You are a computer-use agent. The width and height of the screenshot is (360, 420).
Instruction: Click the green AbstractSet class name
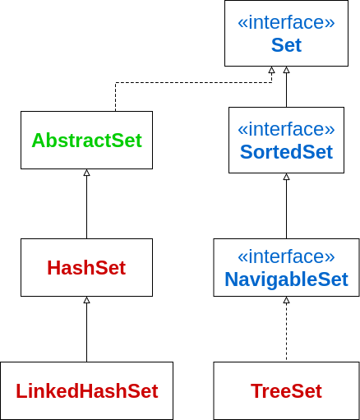point(87,141)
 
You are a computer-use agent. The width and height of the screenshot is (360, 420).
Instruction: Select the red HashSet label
point(86,268)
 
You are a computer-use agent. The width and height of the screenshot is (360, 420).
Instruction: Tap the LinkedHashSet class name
point(87,391)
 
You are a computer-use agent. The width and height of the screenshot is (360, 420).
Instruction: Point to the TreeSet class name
point(286,391)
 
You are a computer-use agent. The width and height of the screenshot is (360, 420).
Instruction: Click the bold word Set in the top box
point(286,45)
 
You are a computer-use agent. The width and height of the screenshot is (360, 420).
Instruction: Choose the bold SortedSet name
point(286,152)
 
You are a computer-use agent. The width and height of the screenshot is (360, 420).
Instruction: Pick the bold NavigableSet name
point(286,279)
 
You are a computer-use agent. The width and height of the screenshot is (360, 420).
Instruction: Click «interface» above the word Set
point(286,22)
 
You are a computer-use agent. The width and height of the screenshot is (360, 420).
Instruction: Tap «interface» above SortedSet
point(286,129)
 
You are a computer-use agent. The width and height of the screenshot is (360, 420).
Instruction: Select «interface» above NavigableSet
point(286,256)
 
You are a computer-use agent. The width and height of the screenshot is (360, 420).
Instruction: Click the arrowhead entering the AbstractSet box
point(87,173)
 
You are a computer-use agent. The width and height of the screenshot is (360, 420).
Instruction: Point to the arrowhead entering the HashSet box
point(87,300)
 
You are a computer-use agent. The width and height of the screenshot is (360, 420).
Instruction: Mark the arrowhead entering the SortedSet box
point(287,177)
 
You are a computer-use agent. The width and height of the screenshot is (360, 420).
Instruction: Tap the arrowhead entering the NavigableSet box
point(287,300)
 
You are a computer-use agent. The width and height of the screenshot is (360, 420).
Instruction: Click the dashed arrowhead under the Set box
point(271,70)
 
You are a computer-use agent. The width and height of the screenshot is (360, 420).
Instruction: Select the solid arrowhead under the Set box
point(287,70)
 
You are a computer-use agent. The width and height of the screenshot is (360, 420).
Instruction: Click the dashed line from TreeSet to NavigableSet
point(287,332)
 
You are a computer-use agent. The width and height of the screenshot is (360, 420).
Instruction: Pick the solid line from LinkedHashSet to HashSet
point(87,332)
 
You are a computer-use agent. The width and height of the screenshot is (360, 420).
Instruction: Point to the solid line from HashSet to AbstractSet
point(87,207)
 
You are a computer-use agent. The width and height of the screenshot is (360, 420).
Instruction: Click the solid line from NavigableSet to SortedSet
point(287,209)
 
